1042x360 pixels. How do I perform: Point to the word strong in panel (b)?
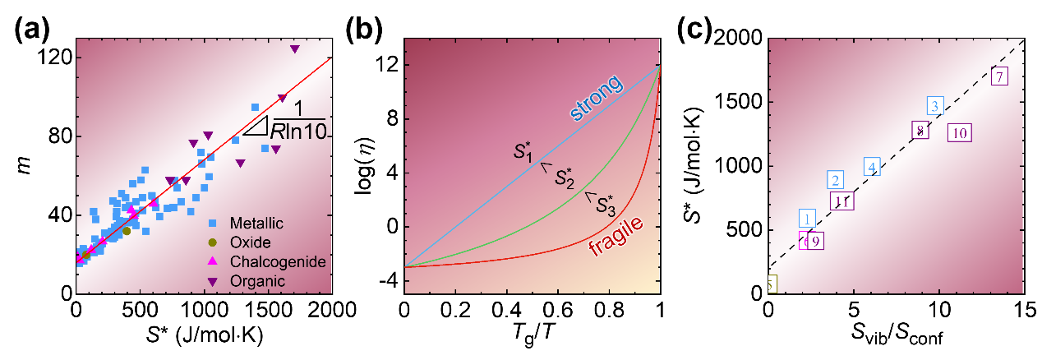pos(603,87)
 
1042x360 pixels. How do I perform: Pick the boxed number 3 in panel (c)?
pos(935,106)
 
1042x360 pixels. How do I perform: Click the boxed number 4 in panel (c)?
pos(873,167)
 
